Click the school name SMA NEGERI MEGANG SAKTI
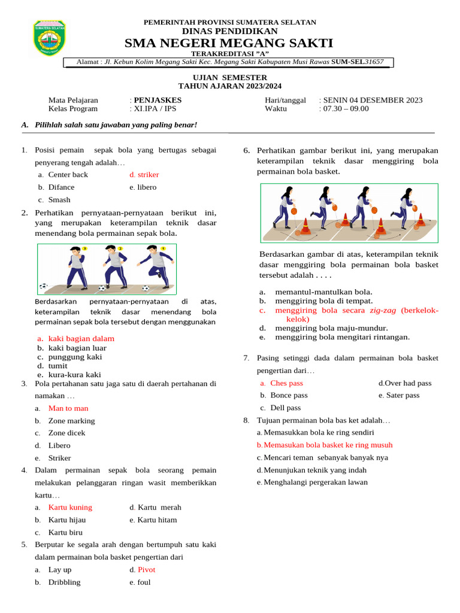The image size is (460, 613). (229, 43)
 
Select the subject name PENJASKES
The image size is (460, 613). (158, 100)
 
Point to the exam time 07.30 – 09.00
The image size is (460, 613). (346, 108)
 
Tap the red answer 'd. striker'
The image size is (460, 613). (144, 175)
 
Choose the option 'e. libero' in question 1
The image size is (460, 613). (143, 187)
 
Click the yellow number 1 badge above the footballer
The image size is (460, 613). (163, 248)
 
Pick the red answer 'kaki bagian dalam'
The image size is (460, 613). (81, 338)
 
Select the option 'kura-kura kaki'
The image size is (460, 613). (75, 375)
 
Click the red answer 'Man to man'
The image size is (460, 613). (68, 408)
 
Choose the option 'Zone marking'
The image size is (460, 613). (71, 421)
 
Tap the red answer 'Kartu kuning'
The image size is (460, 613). (70, 507)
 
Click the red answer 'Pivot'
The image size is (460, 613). (146, 570)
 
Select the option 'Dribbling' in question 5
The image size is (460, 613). (64, 582)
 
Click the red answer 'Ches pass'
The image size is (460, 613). (286, 383)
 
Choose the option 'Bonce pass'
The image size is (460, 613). (289, 395)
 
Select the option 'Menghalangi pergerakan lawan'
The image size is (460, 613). (316, 482)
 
